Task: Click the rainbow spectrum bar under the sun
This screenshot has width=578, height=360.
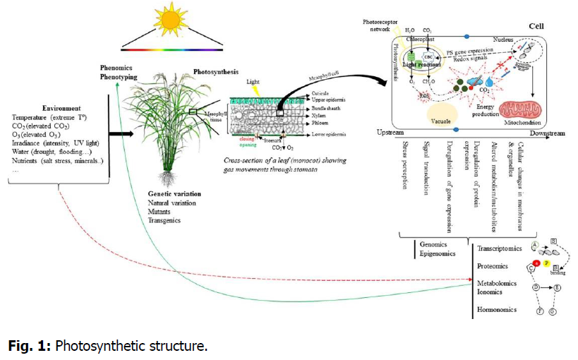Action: tap(171, 50)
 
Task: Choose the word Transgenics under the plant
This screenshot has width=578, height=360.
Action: tap(164, 220)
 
